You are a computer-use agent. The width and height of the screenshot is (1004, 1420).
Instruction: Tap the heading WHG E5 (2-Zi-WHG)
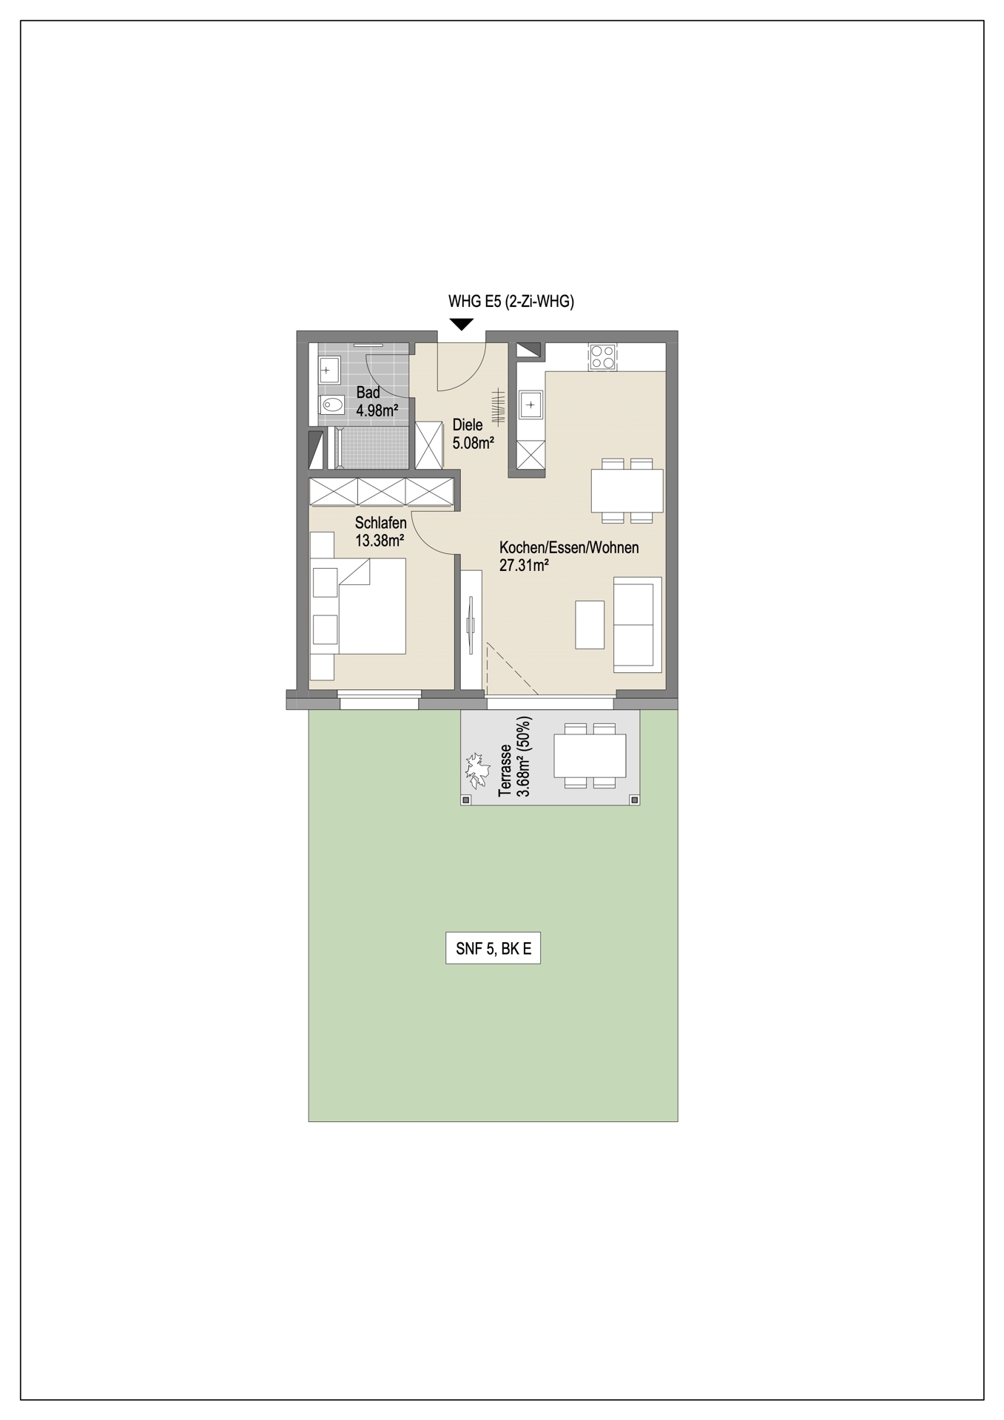(x=511, y=301)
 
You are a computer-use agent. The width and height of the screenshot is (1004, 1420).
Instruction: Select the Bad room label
(x=368, y=393)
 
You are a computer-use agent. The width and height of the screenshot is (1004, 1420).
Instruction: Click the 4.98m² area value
(x=377, y=410)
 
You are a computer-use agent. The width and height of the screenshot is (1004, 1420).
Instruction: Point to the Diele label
(x=468, y=425)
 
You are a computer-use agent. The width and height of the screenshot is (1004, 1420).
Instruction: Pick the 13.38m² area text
(x=380, y=541)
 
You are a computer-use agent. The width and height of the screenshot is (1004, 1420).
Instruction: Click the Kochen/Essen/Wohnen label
(x=569, y=548)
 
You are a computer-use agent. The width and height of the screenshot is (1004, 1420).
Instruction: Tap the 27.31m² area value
(x=524, y=567)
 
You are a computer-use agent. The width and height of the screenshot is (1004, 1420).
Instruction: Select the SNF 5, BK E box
(x=493, y=949)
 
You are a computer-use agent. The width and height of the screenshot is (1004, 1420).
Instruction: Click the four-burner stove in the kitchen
(x=602, y=358)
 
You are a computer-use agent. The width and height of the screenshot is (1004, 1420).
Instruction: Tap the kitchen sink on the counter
(x=531, y=405)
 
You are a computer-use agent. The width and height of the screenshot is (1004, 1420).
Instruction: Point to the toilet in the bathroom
(x=331, y=405)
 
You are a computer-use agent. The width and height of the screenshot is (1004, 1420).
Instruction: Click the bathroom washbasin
(x=329, y=370)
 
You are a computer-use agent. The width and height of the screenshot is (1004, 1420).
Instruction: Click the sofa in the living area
(x=637, y=625)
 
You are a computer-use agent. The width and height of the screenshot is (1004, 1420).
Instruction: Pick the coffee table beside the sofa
(x=590, y=625)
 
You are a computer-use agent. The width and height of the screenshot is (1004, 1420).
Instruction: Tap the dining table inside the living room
(x=627, y=490)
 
